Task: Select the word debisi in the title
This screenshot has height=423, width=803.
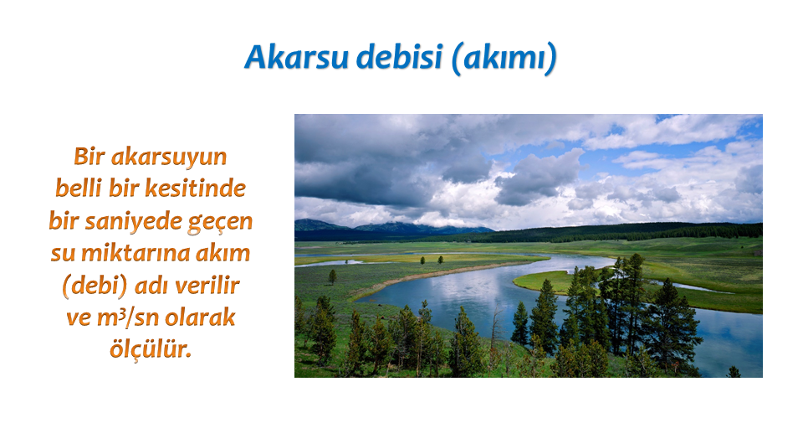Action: click(399, 57)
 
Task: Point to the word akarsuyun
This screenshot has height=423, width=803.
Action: click(169, 157)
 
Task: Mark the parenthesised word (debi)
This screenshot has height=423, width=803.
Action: click(95, 286)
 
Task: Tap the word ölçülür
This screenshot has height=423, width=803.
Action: click(151, 349)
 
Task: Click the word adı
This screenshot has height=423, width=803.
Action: click(151, 285)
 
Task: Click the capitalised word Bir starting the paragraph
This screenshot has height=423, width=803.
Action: click(90, 157)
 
